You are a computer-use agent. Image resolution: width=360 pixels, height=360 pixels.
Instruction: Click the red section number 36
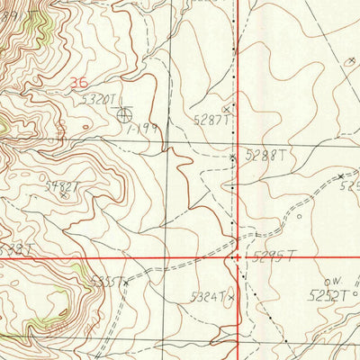tap(78, 82)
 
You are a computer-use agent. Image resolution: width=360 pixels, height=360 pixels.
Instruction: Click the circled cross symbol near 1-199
tap(123, 114)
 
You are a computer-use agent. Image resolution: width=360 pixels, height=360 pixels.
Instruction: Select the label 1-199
tap(144, 129)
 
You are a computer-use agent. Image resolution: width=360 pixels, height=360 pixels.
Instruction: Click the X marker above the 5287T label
tap(227, 109)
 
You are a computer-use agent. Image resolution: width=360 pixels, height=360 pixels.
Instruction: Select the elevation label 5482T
tap(63, 187)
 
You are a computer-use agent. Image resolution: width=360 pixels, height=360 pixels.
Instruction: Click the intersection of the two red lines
tap(237, 257)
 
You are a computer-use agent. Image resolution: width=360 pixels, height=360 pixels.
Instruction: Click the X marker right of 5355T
tap(126, 282)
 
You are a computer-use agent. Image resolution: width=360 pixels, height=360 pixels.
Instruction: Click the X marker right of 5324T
tap(230, 295)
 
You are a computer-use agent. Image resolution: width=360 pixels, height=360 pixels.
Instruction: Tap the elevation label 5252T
tap(328, 294)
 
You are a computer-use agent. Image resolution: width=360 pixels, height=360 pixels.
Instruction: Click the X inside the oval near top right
tap(350, 61)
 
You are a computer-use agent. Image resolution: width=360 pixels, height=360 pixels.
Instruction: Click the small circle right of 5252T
tap(355, 292)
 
